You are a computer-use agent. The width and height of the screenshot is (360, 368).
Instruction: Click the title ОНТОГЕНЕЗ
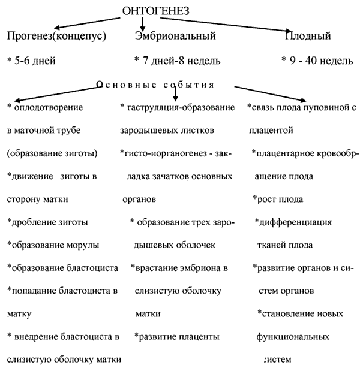(x=155, y=11)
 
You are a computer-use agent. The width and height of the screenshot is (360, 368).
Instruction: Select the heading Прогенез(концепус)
(x=56, y=36)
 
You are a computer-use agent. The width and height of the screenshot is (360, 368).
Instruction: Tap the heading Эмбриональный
(x=175, y=36)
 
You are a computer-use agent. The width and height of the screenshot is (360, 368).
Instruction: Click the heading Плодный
(x=308, y=36)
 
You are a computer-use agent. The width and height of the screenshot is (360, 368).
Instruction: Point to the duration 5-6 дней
(x=35, y=61)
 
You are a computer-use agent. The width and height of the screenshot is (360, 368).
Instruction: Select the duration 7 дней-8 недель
(x=181, y=61)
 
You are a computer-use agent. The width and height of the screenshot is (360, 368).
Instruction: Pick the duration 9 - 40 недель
(x=321, y=61)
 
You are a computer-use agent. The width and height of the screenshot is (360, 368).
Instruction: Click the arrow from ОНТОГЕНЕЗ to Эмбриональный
(x=142, y=23)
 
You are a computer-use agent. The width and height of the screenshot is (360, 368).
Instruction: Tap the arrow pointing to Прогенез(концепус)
(x=87, y=23)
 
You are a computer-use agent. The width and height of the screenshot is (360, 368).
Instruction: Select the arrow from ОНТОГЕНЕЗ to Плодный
(x=226, y=25)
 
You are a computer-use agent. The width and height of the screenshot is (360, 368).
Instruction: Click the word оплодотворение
(x=49, y=108)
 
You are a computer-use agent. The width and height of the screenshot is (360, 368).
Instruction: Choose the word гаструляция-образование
(x=181, y=108)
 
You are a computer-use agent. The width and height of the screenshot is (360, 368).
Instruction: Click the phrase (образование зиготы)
(x=52, y=153)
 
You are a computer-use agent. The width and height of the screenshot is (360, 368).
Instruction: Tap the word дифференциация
(x=295, y=222)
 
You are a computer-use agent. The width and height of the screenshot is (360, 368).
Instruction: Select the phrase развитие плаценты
(x=179, y=337)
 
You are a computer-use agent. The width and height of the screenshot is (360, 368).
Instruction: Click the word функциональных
(x=293, y=337)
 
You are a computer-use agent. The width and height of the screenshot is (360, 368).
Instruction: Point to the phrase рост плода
(x=280, y=199)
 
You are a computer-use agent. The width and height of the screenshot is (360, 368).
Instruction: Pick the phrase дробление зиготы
(x=50, y=222)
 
